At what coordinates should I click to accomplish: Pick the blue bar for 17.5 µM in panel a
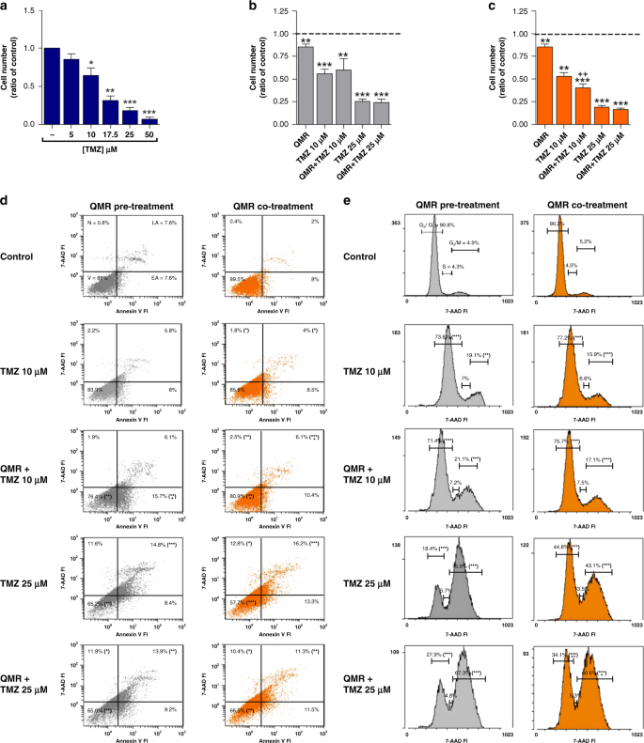pos(110,112)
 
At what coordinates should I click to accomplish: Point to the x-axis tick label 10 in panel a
pos(90,134)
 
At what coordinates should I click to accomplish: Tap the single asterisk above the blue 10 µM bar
pos(90,63)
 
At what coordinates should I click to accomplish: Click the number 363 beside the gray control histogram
pos(397,224)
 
